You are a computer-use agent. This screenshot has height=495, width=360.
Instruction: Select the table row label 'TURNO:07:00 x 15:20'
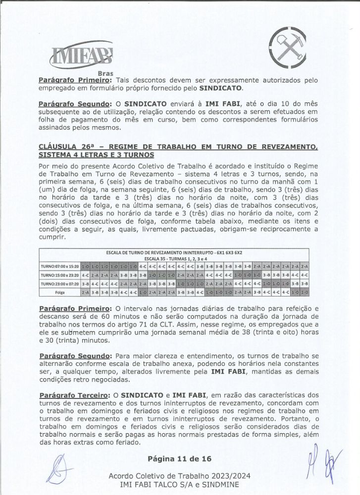pos(59,266)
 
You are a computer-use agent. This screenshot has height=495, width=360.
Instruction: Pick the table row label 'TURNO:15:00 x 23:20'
pos(59,275)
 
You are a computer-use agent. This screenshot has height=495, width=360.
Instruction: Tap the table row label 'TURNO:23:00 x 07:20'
pos(59,284)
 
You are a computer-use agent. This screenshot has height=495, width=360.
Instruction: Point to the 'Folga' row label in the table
pos(59,293)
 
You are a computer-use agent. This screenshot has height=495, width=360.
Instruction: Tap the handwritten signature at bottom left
pos(60,468)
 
